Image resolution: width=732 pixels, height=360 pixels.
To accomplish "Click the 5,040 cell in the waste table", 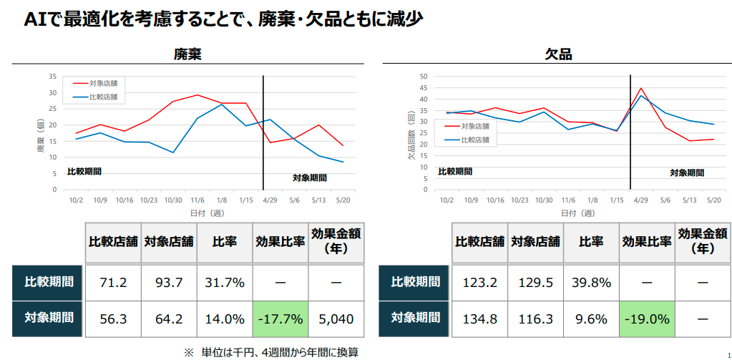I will (x=335, y=318).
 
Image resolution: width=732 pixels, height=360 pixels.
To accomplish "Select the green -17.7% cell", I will (x=280, y=318).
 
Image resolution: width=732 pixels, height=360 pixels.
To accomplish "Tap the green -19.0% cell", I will (x=646, y=318).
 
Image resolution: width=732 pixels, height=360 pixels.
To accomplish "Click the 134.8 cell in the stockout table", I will (x=479, y=318).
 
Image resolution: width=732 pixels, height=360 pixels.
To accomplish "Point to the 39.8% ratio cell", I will (x=591, y=282).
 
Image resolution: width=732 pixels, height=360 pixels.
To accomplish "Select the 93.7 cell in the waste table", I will (x=170, y=282).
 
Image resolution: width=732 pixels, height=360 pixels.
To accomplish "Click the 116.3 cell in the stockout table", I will (x=536, y=318).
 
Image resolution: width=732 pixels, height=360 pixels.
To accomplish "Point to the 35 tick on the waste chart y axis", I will (x=52, y=77).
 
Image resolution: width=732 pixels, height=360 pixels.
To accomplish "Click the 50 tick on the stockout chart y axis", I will (x=423, y=77).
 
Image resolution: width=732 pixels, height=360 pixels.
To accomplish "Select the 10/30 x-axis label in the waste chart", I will (x=173, y=200).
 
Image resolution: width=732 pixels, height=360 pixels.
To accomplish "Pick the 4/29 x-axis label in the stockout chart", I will (x=640, y=200).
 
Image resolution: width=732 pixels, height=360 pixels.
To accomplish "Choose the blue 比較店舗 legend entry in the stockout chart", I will (x=472, y=140).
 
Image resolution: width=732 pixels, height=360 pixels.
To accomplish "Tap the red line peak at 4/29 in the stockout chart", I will (x=641, y=88).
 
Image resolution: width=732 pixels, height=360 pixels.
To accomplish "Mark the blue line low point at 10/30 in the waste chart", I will (x=173, y=152).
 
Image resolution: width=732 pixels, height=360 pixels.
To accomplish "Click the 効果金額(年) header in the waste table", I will (x=335, y=241).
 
